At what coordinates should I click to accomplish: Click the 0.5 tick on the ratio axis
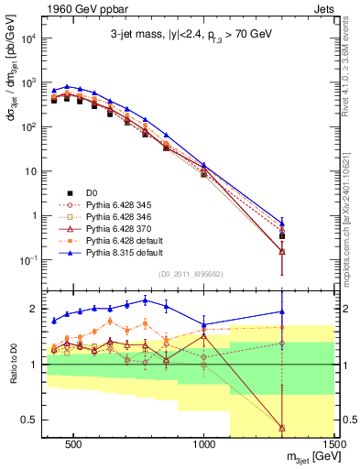click(28, 420)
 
